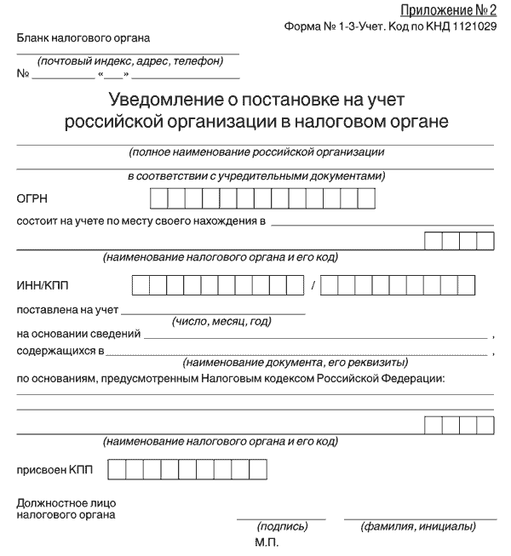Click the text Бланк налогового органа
pos(82,37)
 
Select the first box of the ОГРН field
pos(158,198)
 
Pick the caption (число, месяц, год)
pos(221,321)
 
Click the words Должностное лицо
pos(66,503)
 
